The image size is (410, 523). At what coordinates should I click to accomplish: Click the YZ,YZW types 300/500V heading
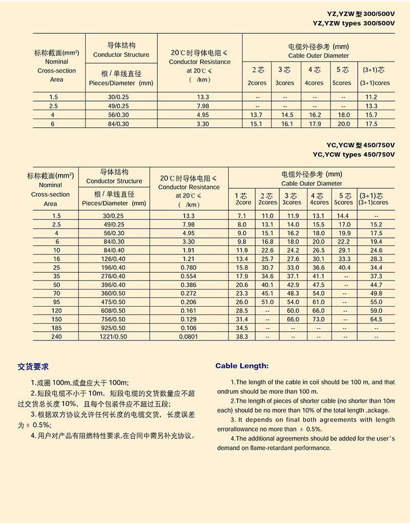pos(354,24)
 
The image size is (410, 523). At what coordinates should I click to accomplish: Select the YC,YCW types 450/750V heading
pos(354,154)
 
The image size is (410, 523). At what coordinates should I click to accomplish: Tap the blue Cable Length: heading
pos(242,366)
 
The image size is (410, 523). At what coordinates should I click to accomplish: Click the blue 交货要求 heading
pos(33,367)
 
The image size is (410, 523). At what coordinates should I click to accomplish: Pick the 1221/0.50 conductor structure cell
pos(114,336)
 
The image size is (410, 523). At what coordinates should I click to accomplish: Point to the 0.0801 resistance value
pos(189,336)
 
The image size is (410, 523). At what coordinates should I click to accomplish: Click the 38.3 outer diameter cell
pos(241,336)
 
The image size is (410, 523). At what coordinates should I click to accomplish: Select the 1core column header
pos(243,202)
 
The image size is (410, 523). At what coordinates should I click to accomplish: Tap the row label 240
pos(56,336)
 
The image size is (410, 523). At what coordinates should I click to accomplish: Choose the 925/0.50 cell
pos(114,328)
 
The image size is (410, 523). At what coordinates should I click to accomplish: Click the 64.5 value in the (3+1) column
pos(376,319)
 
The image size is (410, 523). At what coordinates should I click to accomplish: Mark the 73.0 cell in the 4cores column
pos(318,319)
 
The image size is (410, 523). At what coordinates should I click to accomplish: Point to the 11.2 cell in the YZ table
pos(372,97)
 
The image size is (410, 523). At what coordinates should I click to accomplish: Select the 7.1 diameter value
pos(241,216)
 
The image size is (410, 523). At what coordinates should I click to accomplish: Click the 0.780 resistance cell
pos(189,268)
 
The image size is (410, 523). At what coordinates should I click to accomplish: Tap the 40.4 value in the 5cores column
pos(344,268)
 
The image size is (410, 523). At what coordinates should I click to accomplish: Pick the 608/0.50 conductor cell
pos(114,311)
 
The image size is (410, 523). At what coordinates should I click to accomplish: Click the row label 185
pos(56,328)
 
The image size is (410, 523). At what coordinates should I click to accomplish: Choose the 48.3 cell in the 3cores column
pos(293,293)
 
